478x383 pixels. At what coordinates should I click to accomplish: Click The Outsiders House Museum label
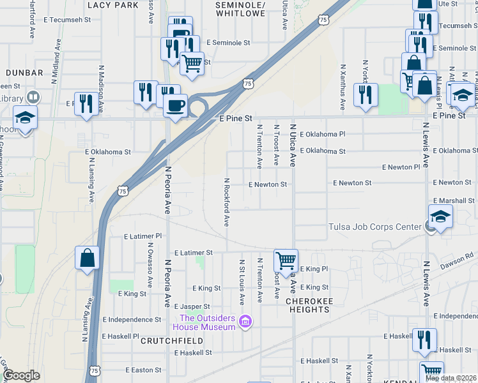[x=208, y=322]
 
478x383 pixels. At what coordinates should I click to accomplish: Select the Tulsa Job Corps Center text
[x=374, y=227]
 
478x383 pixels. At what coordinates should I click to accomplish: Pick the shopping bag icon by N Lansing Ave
[x=88, y=259]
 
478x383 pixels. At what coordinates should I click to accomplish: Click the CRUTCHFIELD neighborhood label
[x=172, y=341]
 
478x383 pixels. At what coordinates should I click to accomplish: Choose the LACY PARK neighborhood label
[x=112, y=4]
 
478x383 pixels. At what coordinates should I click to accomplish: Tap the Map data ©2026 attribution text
[x=451, y=378]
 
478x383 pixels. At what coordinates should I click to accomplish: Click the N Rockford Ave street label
[x=226, y=202]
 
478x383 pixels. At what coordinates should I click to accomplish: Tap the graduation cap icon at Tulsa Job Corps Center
[x=440, y=217]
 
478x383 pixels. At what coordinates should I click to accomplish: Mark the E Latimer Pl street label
[x=144, y=236]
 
